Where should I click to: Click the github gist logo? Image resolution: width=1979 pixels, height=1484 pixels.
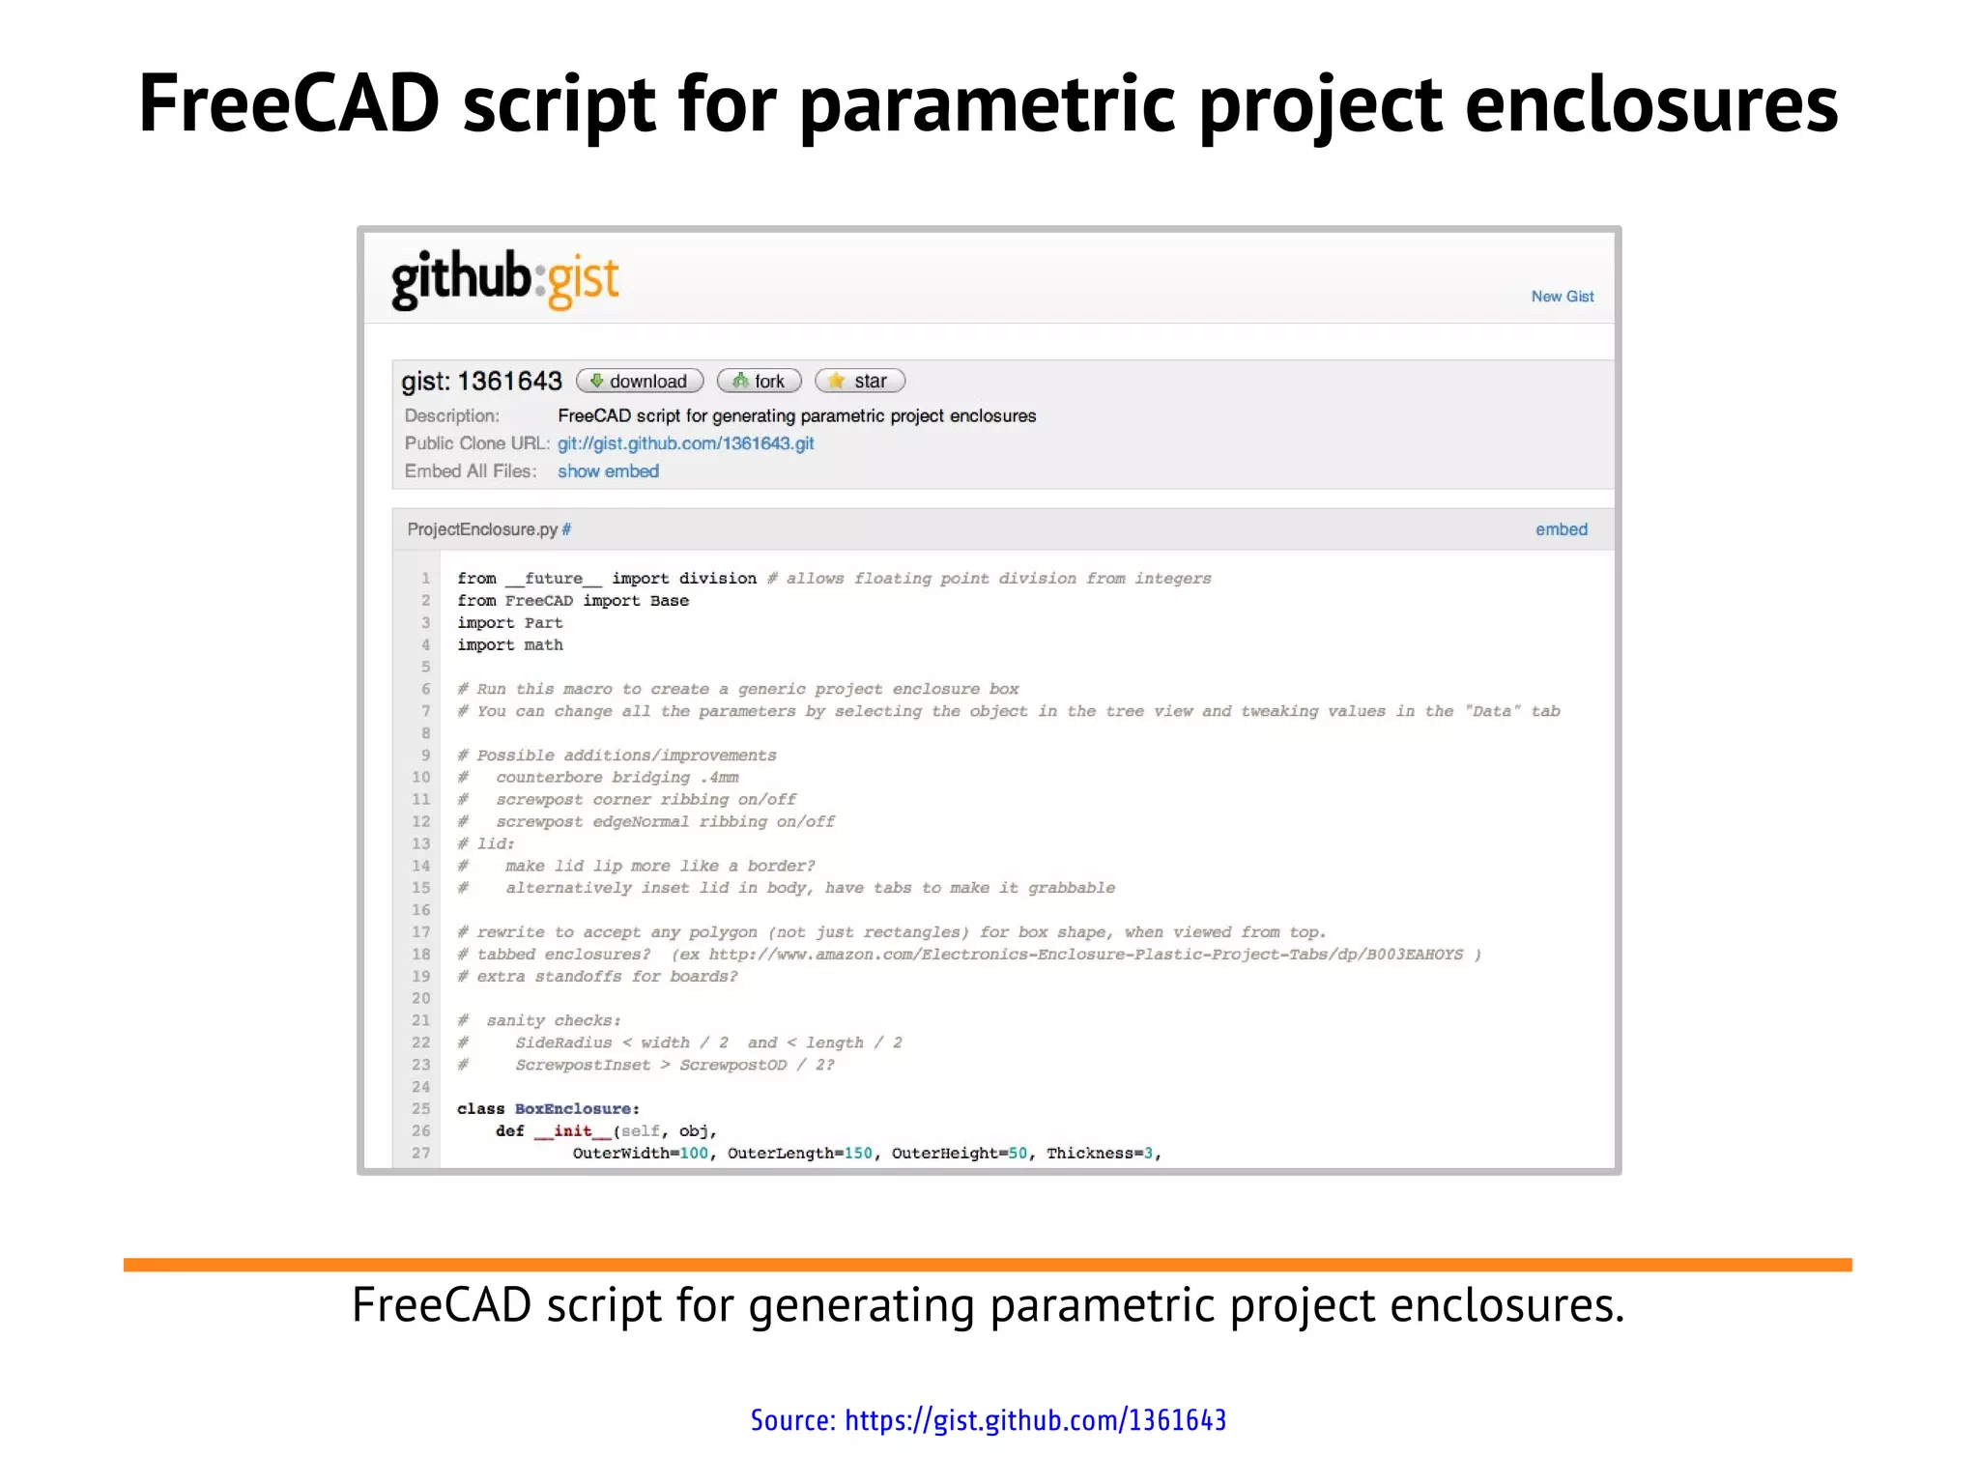click(504, 280)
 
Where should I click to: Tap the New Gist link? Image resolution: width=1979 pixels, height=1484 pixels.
click(1562, 297)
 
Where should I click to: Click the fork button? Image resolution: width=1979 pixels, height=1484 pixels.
click(760, 381)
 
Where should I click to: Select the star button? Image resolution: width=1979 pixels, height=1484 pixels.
click(859, 381)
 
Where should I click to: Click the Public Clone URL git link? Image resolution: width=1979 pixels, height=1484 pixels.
click(685, 443)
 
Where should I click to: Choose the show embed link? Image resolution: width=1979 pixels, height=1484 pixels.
click(608, 471)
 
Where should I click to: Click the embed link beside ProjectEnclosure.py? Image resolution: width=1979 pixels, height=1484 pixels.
click(1561, 529)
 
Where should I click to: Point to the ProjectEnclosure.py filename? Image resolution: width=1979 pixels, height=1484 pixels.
click(482, 529)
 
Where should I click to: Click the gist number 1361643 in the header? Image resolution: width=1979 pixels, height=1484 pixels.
click(509, 381)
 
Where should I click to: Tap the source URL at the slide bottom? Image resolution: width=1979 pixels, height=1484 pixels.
click(1035, 1420)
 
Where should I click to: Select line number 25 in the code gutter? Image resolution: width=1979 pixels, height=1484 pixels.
click(420, 1109)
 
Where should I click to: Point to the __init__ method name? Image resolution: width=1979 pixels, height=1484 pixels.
click(572, 1131)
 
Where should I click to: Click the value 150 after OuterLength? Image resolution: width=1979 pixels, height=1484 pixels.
click(858, 1154)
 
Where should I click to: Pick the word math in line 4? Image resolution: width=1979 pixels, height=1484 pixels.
click(543, 645)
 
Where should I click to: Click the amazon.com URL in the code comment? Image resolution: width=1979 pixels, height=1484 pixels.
click(1085, 955)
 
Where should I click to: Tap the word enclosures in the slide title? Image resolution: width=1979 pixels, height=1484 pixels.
click(1651, 104)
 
